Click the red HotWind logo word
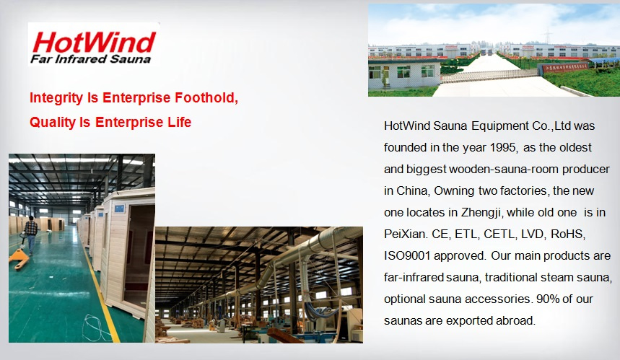[x=94, y=43]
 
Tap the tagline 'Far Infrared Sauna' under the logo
[x=90, y=59]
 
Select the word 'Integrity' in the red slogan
[x=56, y=98]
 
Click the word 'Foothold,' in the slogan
[x=206, y=97]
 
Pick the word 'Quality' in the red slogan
[x=53, y=122]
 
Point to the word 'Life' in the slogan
[x=180, y=122]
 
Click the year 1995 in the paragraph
[x=503, y=147]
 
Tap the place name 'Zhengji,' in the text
[x=482, y=213]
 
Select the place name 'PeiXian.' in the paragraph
[x=406, y=234]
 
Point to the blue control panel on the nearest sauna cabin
[x=119, y=208]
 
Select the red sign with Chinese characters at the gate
[x=565, y=67]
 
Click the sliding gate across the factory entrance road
[x=489, y=76]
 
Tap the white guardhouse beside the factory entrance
[x=403, y=74]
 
